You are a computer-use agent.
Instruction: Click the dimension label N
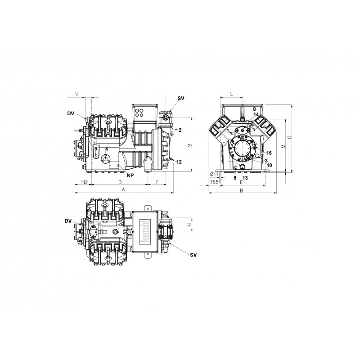coord(76,94)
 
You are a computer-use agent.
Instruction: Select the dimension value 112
coord(84,182)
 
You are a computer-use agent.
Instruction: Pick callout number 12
coord(179,162)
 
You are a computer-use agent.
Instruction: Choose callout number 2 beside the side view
coord(180,130)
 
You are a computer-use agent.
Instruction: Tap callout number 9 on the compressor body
coord(96,149)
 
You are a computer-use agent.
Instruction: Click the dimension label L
coord(231,94)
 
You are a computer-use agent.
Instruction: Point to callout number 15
coord(269,153)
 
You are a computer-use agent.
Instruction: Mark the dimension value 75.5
coord(214,182)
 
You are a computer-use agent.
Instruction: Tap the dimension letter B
coord(241,190)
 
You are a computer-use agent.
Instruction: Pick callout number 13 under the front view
coord(245,178)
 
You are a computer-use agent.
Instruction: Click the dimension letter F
coord(157,182)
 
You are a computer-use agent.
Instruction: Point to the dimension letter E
coord(241,182)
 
